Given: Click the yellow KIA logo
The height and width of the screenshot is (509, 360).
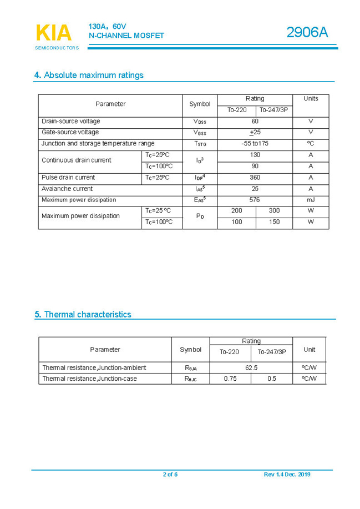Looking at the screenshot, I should pos(54,33).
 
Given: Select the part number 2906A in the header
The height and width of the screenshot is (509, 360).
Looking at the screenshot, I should pos(307,33).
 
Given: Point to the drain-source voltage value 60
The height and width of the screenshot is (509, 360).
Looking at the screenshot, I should pos(255,121).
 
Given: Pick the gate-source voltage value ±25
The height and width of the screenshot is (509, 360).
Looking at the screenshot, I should pos(255,132).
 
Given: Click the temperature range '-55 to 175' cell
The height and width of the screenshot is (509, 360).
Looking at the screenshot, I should pos(255,143).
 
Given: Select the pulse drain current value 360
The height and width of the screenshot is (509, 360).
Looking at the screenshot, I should pos(255,178).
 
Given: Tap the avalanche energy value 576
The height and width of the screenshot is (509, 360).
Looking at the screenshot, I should pos(255,200).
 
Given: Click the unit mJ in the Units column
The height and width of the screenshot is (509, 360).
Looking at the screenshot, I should pos(311,200).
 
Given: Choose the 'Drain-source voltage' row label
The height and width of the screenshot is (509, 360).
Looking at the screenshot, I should pos(71,121).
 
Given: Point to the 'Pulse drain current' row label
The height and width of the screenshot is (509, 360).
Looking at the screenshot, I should pos(68,178).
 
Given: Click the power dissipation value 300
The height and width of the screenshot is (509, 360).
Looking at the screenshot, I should pos(274,211).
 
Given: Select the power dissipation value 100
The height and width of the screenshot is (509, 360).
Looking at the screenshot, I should pos(237,222).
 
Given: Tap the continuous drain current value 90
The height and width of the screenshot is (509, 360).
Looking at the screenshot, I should pos(255,166).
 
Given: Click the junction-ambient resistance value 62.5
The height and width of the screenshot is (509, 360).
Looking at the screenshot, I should pos(251,367).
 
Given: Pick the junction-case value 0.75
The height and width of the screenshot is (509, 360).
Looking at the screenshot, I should pos(230,379).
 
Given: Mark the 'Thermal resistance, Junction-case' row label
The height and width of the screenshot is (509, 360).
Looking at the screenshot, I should pos(89,379).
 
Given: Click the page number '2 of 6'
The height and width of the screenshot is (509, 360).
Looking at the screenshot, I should pos(170,474).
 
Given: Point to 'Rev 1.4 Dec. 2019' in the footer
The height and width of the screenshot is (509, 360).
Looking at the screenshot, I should pos(287,474).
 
